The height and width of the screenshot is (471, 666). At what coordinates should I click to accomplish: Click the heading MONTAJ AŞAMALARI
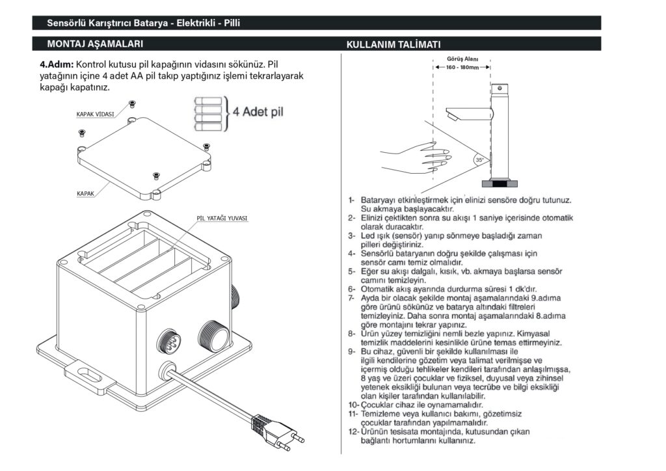pyautogui.click(x=95, y=44)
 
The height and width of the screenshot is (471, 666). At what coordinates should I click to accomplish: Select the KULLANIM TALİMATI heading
pyautogui.click(x=393, y=44)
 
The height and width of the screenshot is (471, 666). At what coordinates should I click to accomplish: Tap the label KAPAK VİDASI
pyautogui.click(x=95, y=114)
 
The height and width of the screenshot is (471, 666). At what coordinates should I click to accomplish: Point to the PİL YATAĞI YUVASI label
pyautogui.click(x=222, y=218)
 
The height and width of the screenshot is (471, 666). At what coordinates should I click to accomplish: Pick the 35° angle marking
pyautogui.click(x=479, y=159)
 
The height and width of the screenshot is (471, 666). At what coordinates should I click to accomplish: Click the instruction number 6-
pyautogui.click(x=351, y=289)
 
